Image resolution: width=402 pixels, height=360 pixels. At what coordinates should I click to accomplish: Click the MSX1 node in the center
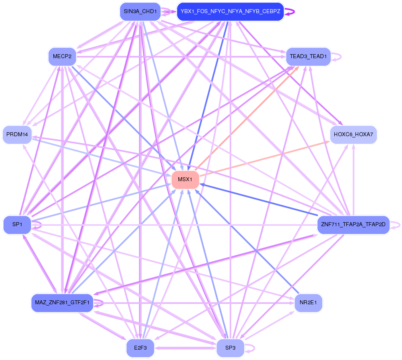pos(185,180)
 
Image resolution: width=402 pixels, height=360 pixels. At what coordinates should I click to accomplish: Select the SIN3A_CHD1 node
pos(140,12)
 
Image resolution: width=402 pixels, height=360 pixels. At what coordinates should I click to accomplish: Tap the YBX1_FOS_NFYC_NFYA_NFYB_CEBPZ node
pos(230,12)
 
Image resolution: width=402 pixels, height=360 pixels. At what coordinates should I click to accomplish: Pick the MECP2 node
pos(62,57)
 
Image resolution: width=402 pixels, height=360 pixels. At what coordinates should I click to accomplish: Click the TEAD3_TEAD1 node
pos(308,57)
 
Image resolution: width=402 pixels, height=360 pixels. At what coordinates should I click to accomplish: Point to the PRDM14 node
pos(17,135)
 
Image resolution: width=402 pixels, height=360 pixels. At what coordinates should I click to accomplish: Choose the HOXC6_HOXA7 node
pos(353,135)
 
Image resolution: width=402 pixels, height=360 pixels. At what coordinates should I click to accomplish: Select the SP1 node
pos(17,225)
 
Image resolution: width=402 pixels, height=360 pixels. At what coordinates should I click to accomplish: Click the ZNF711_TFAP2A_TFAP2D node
pos(353,225)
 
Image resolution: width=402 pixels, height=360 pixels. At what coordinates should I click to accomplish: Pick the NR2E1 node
pos(308,303)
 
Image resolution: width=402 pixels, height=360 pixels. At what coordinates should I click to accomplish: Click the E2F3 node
pos(140,348)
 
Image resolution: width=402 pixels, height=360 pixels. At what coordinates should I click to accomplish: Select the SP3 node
pos(230,348)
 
